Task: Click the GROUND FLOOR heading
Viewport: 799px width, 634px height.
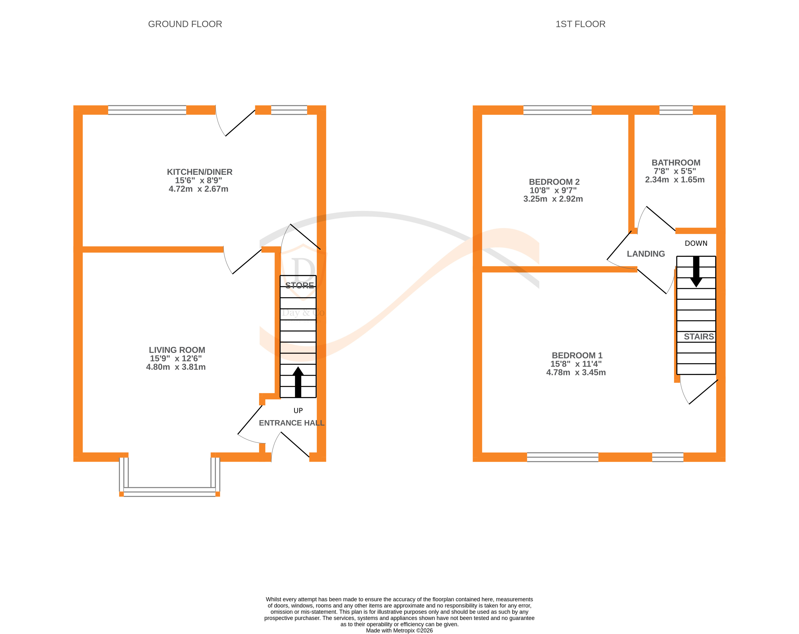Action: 185,24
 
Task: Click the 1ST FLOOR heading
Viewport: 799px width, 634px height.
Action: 580,24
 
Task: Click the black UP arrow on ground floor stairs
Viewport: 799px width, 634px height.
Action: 298,382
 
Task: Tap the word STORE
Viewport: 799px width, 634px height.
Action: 299,285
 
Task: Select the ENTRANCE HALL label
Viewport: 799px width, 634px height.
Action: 291,423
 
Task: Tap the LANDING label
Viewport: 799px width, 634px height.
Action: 646,254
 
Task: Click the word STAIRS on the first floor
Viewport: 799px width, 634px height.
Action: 699,337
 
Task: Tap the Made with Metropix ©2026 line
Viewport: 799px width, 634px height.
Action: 399,630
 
